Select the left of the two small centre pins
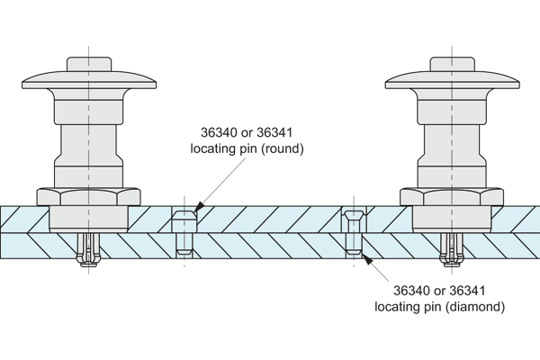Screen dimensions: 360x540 coord(184,232)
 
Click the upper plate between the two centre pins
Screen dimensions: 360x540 coord(270,216)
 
